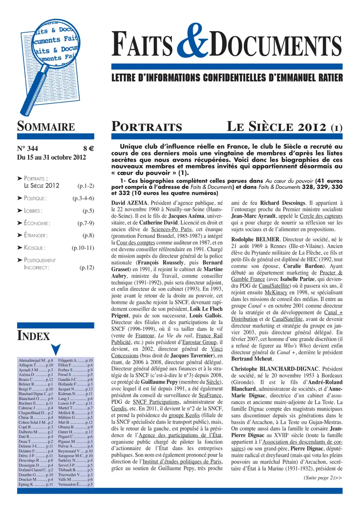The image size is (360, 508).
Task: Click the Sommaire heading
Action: click(45, 127)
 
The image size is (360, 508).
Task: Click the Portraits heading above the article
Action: click(147, 127)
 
